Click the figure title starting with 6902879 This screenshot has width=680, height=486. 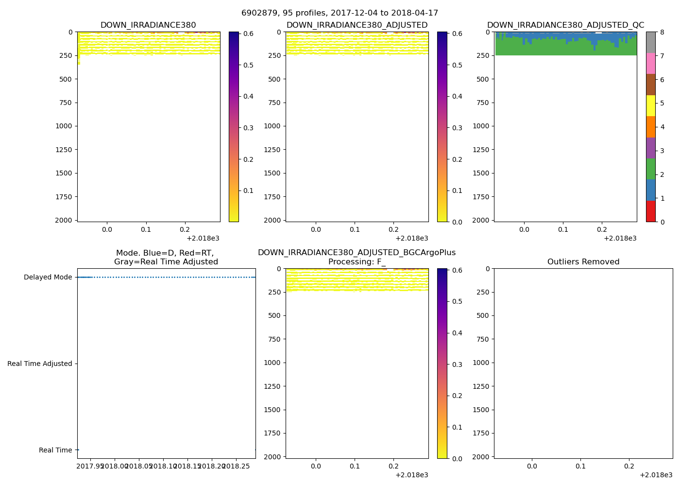click(x=340, y=13)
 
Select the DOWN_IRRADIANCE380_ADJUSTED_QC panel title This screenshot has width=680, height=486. click(x=565, y=25)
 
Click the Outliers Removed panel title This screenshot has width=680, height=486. click(x=583, y=262)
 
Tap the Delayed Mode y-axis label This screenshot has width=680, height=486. click(x=48, y=278)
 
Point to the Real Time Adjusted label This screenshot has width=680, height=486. click(x=40, y=364)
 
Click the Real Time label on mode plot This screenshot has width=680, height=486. click(x=55, y=450)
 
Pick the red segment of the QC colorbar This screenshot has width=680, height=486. click(x=651, y=211)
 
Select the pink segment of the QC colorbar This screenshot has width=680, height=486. click(x=651, y=64)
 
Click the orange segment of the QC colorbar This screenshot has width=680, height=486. click(x=651, y=127)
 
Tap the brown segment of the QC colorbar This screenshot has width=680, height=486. click(x=651, y=85)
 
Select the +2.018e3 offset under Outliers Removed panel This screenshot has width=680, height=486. click(x=656, y=475)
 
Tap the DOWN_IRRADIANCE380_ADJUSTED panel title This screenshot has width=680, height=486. click(x=357, y=25)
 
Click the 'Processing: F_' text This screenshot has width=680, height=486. click(x=357, y=262)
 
